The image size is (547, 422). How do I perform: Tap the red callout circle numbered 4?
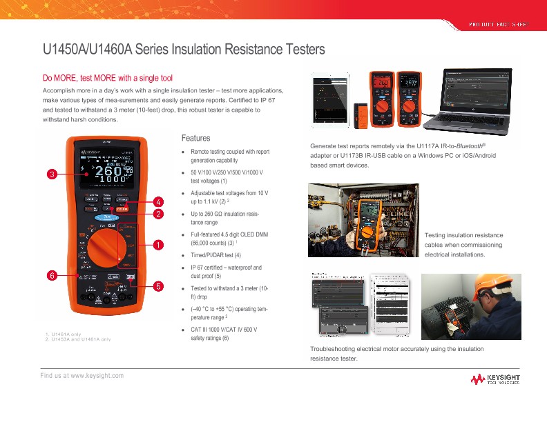pyautogui.click(x=158, y=201)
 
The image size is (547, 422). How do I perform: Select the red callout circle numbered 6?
pyautogui.click(x=51, y=275)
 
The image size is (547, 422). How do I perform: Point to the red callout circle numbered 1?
pyautogui.click(x=158, y=244)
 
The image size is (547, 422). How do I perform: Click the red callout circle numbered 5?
pyautogui.click(x=158, y=285)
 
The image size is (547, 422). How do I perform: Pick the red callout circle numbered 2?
pyautogui.click(x=158, y=214)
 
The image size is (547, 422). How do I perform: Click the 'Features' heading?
pyautogui.click(x=195, y=138)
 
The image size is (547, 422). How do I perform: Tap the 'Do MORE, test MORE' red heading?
pyautogui.click(x=107, y=78)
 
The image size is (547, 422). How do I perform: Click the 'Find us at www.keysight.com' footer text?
pyautogui.click(x=82, y=375)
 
